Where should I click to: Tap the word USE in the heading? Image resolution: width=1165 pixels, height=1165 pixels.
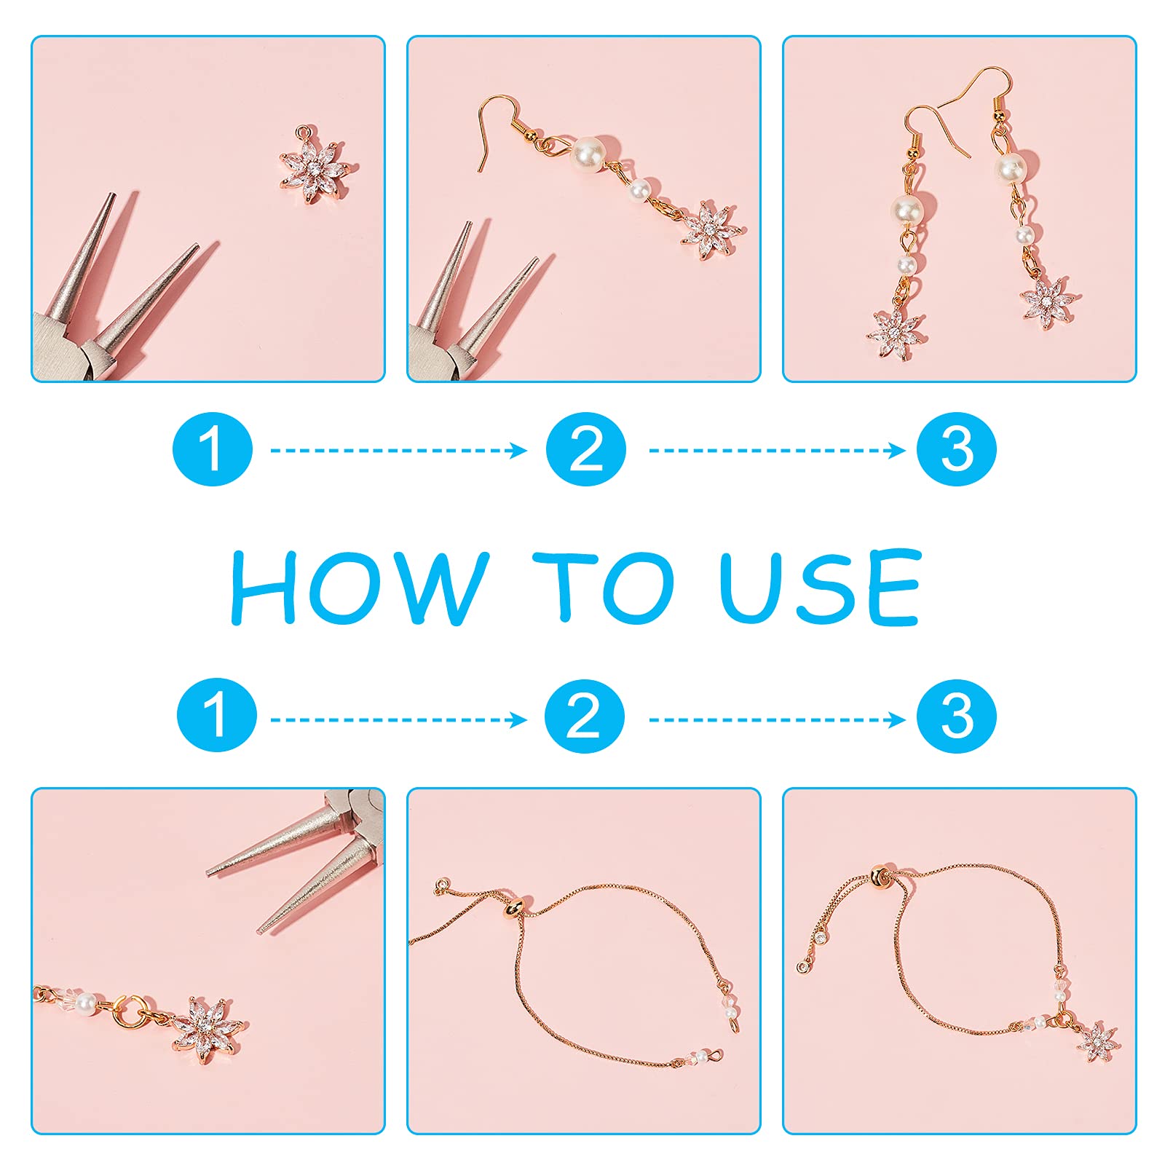click(x=821, y=587)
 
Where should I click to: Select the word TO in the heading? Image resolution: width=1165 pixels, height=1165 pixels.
click(x=604, y=587)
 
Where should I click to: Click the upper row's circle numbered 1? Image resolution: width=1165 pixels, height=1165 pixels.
click(x=213, y=449)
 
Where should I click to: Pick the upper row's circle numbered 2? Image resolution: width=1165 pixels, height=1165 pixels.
click(x=586, y=449)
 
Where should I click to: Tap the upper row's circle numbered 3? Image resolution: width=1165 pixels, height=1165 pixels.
click(x=957, y=449)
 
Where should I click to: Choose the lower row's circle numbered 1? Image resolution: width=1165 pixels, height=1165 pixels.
click(x=217, y=715)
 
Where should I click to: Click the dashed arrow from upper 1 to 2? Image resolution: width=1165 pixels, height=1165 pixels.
click(x=399, y=451)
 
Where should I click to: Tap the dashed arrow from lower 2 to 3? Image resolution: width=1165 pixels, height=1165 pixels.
click(x=777, y=720)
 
